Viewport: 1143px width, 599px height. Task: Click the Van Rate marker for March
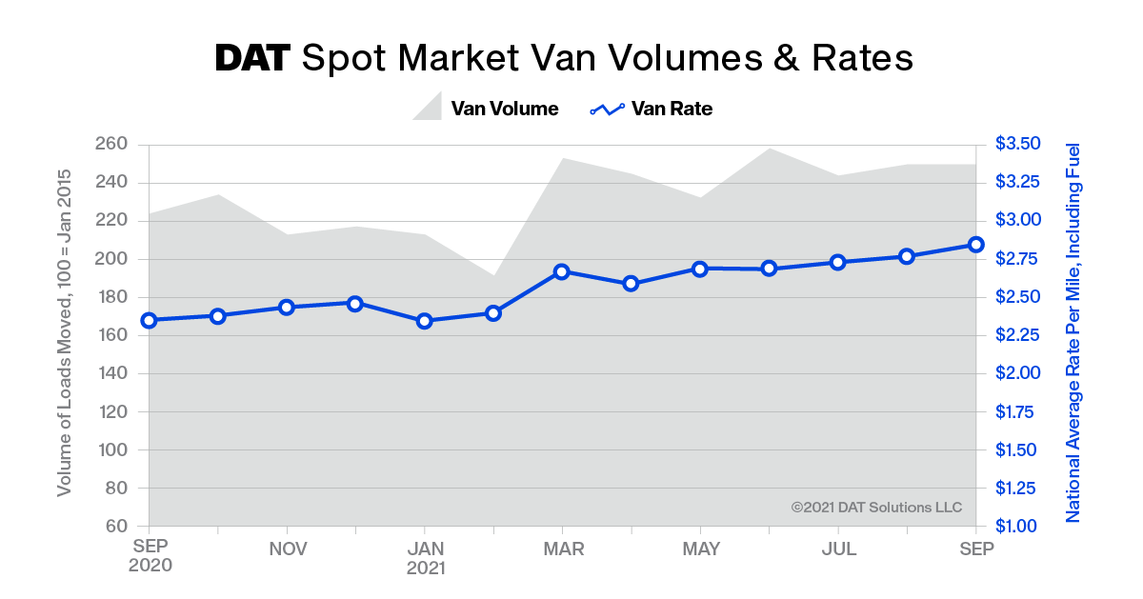point(562,271)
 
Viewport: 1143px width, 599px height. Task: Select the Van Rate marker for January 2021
point(425,321)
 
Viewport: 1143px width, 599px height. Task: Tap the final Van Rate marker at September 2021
point(976,245)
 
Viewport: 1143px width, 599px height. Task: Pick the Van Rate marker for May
point(700,269)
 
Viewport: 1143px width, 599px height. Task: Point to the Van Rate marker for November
point(287,307)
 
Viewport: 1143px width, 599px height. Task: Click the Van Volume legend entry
point(486,109)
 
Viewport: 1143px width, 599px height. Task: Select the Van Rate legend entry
point(652,109)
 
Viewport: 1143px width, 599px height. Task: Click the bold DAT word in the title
point(252,58)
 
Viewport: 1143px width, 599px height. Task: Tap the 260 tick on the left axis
point(110,145)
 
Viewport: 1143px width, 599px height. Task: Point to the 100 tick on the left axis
point(110,449)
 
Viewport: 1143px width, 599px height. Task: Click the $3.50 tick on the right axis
point(1018,144)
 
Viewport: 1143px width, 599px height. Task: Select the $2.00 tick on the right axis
point(1018,373)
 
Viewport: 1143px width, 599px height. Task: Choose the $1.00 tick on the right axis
point(1018,526)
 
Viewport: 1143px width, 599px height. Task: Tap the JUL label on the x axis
point(838,549)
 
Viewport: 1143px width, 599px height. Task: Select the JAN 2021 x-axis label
point(425,557)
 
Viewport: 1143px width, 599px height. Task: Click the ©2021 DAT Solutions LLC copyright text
point(876,508)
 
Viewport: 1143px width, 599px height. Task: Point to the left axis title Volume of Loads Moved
point(65,332)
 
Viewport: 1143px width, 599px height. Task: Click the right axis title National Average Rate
point(1073,332)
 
